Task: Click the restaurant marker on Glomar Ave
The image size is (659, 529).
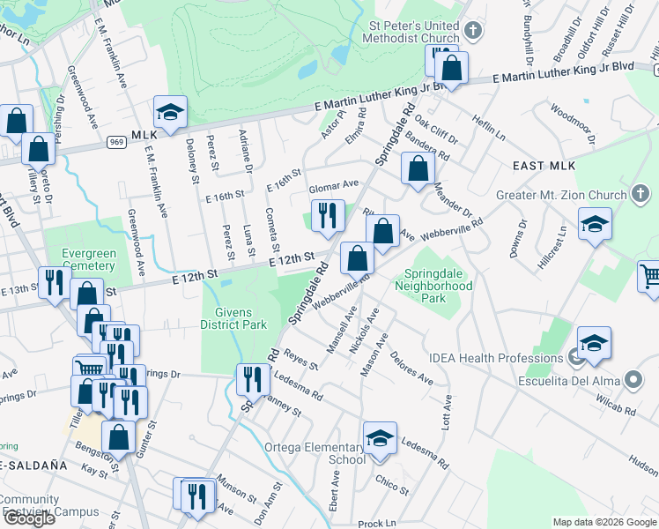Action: (x=328, y=216)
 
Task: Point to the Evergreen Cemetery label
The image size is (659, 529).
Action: (x=88, y=259)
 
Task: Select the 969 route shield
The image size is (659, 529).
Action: (x=116, y=141)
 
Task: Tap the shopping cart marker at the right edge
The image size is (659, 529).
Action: (x=650, y=277)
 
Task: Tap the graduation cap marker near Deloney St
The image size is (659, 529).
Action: (x=170, y=112)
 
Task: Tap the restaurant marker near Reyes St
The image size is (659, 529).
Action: (x=253, y=379)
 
